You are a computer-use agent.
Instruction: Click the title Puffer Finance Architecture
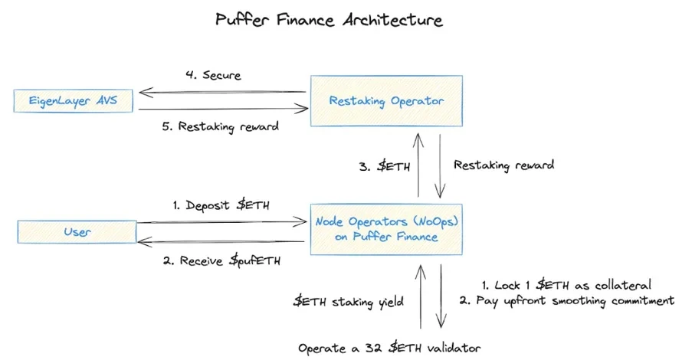[329, 20]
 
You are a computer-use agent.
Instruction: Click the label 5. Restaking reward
[218, 127]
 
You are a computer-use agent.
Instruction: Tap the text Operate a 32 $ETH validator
[390, 348]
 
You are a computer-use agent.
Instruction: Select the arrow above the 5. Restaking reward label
[222, 110]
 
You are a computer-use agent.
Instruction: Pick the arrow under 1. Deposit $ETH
[222, 223]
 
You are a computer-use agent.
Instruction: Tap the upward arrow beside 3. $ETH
[418, 165]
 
